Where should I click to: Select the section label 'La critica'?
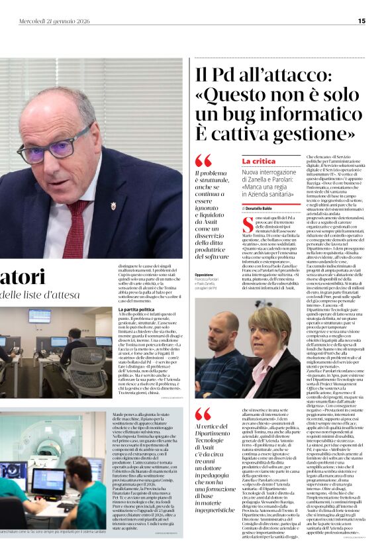(x=258, y=161)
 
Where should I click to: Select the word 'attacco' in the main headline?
(x=301, y=74)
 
